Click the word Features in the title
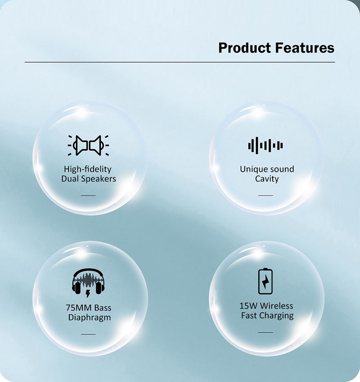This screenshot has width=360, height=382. [305, 48]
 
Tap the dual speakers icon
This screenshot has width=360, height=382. [88, 146]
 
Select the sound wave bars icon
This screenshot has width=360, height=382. [265, 146]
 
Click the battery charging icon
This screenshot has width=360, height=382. [265, 281]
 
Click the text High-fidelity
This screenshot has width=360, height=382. [88, 169]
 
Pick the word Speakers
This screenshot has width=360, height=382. [99, 179]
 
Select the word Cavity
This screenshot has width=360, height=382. [267, 179]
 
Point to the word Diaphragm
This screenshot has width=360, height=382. [90, 318]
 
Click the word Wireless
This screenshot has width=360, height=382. [275, 306]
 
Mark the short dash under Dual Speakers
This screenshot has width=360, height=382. [88, 195]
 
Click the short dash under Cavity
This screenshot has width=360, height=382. [265, 195]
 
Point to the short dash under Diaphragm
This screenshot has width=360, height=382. [88, 334]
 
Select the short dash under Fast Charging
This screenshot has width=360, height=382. [265, 332]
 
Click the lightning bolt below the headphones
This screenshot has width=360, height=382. [88, 293]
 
